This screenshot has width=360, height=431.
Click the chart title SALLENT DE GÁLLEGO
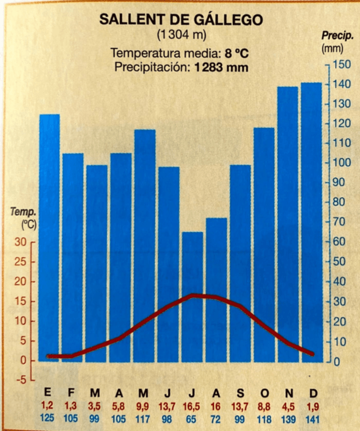[x=181, y=20]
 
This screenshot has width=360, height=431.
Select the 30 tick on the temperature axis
[x=20, y=242]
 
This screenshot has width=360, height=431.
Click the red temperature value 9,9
[x=144, y=406]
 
